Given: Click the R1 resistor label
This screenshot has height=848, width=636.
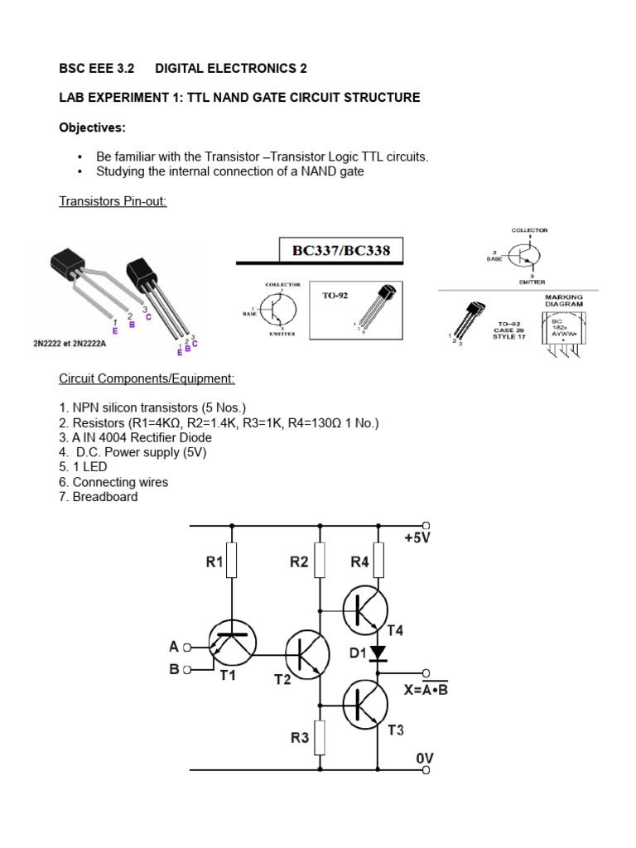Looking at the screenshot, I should [215, 562].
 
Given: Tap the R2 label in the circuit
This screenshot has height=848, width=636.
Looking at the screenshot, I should [299, 562].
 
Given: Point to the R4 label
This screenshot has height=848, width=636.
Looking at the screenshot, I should [359, 562].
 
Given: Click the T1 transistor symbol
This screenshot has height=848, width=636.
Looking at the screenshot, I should [232, 643].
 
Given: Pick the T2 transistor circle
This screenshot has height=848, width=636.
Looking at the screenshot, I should [309, 653].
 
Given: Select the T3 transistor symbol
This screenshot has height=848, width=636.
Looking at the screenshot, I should [369, 705].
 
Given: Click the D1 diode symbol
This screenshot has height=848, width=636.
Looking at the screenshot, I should [379, 654].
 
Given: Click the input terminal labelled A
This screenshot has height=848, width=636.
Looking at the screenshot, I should [187, 647].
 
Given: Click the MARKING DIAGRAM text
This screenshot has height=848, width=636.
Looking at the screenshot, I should [563, 299].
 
